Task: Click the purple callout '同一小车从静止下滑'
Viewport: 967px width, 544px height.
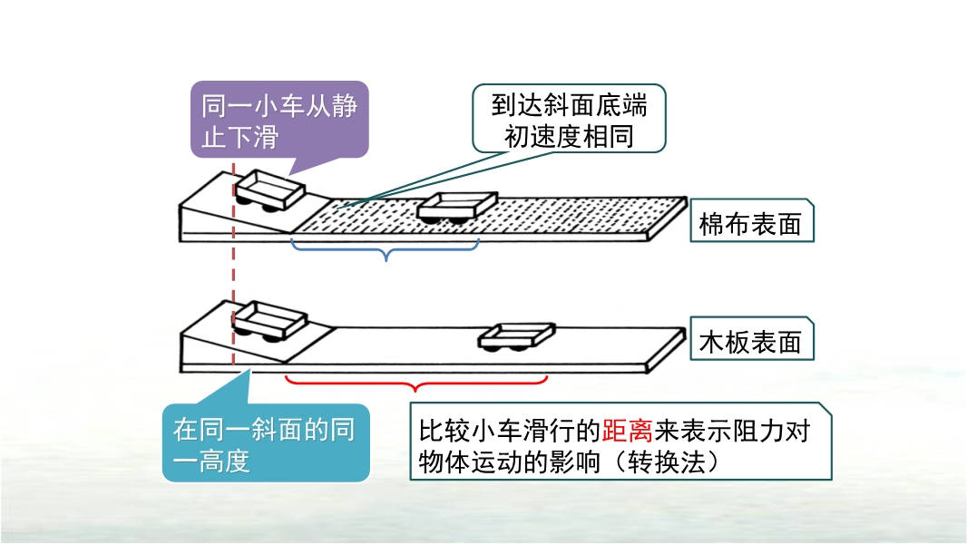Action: pos(279,121)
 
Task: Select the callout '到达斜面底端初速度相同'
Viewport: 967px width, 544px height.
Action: pos(570,118)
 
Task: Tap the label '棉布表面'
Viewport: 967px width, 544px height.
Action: pos(750,224)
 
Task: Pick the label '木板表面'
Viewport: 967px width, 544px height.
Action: pos(750,342)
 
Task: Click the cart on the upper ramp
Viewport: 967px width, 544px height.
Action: pos(269,191)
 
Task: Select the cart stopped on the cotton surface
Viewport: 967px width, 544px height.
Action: pos(457,209)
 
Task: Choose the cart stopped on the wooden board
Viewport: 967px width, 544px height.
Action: pos(516,336)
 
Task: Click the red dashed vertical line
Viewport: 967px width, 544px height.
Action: pos(234,272)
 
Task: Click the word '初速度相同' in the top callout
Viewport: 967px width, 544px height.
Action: pos(570,136)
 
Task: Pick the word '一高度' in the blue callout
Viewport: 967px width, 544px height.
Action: pos(211,461)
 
